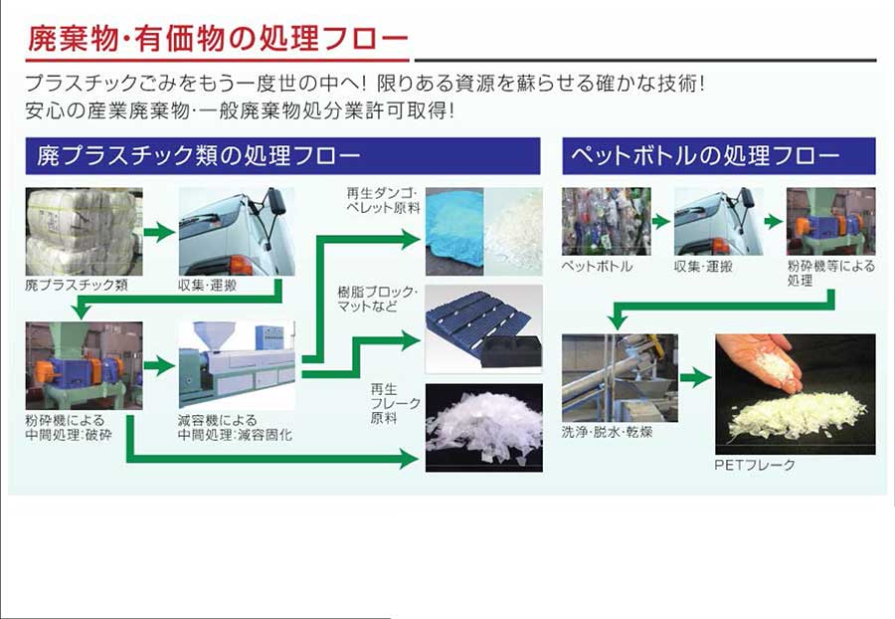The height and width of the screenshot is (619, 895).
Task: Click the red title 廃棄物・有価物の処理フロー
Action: click(x=218, y=38)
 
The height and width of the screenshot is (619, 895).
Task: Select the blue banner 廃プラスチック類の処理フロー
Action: click(x=282, y=156)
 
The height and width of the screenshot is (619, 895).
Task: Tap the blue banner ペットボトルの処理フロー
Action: click(x=719, y=156)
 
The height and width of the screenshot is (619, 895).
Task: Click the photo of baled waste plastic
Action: click(x=84, y=231)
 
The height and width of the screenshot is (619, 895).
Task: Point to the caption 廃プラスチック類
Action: click(x=77, y=285)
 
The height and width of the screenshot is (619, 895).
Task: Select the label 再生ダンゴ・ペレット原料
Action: click(x=383, y=200)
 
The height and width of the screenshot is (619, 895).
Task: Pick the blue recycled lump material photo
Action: click(x=454, y=231)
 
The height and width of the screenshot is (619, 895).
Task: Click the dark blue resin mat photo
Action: click(x=484, y=328)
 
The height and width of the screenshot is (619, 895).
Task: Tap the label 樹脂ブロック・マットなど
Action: click(x=377, y=300)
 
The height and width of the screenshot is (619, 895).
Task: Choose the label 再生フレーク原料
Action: click(x=395, y=404)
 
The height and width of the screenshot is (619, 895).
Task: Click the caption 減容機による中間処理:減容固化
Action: click(x=235, y=428)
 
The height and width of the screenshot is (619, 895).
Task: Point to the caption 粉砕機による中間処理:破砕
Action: click(x=69, y=428)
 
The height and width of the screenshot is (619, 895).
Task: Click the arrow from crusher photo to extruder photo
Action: click(x=159, y=366)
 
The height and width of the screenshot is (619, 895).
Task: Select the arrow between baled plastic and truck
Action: click(x=159, y=232)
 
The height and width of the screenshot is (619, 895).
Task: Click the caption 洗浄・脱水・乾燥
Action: click(x=607, y=432)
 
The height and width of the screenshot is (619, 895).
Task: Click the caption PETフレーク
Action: click(x=755, y=465)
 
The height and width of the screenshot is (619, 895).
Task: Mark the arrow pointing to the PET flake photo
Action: click(x=696, y=377)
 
